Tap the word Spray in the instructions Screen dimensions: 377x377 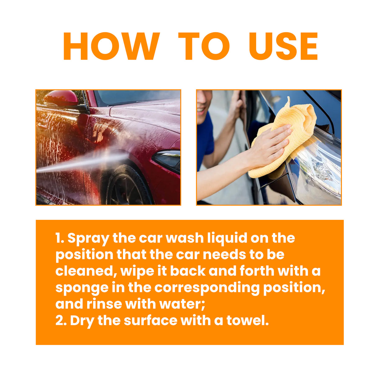(88, 238)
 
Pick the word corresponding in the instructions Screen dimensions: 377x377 (207, 288)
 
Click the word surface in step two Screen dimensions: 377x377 (150, 320)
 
